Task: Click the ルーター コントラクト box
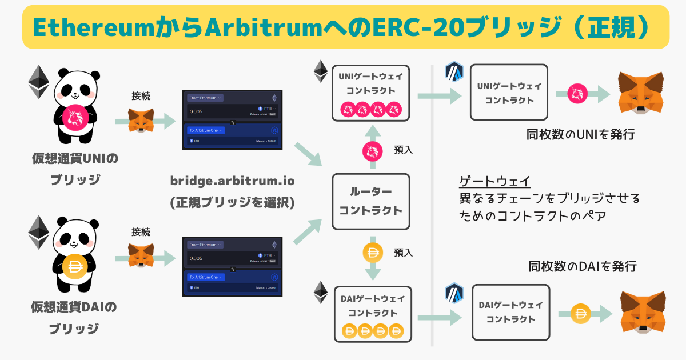pos(371,202)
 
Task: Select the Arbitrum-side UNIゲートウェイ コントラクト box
pos(509,92)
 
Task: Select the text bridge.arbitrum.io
pos(232,181)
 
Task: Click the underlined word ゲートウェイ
pos(496,182)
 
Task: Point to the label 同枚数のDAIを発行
pos(583,266)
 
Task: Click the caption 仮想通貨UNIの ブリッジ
pos(74,169)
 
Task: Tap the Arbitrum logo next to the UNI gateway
pos(453,73)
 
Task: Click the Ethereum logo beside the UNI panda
pos(39,82)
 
